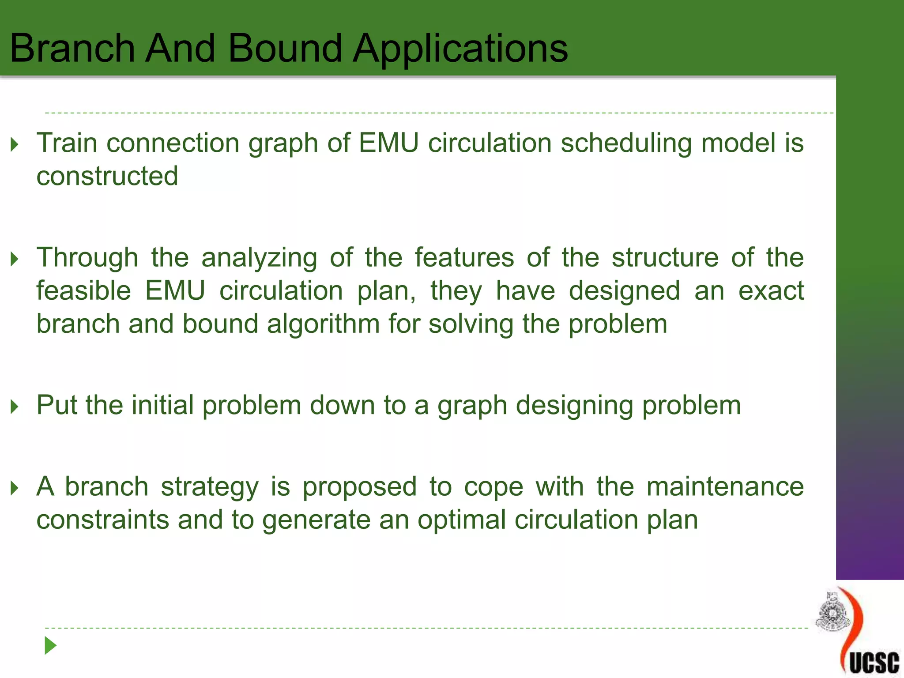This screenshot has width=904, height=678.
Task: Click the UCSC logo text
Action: click(874, 663)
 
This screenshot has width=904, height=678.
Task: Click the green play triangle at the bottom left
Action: click(50, 645)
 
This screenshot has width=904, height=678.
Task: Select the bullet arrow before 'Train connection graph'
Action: click(15, 144)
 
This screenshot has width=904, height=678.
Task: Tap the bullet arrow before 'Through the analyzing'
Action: click(15, 259)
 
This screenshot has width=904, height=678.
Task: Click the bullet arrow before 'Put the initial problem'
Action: click(15, 407)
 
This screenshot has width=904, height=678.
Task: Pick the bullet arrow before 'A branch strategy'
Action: click(15, 488)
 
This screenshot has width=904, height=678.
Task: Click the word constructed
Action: click(107, 176)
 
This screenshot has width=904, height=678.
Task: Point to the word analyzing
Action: click(259, 258)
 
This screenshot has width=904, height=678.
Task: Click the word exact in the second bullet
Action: click(771, 291)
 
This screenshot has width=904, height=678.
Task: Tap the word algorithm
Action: click(323, 324)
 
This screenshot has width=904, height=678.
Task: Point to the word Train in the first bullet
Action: click(67, 143)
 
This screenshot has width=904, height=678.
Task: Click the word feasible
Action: click(83, 291)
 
